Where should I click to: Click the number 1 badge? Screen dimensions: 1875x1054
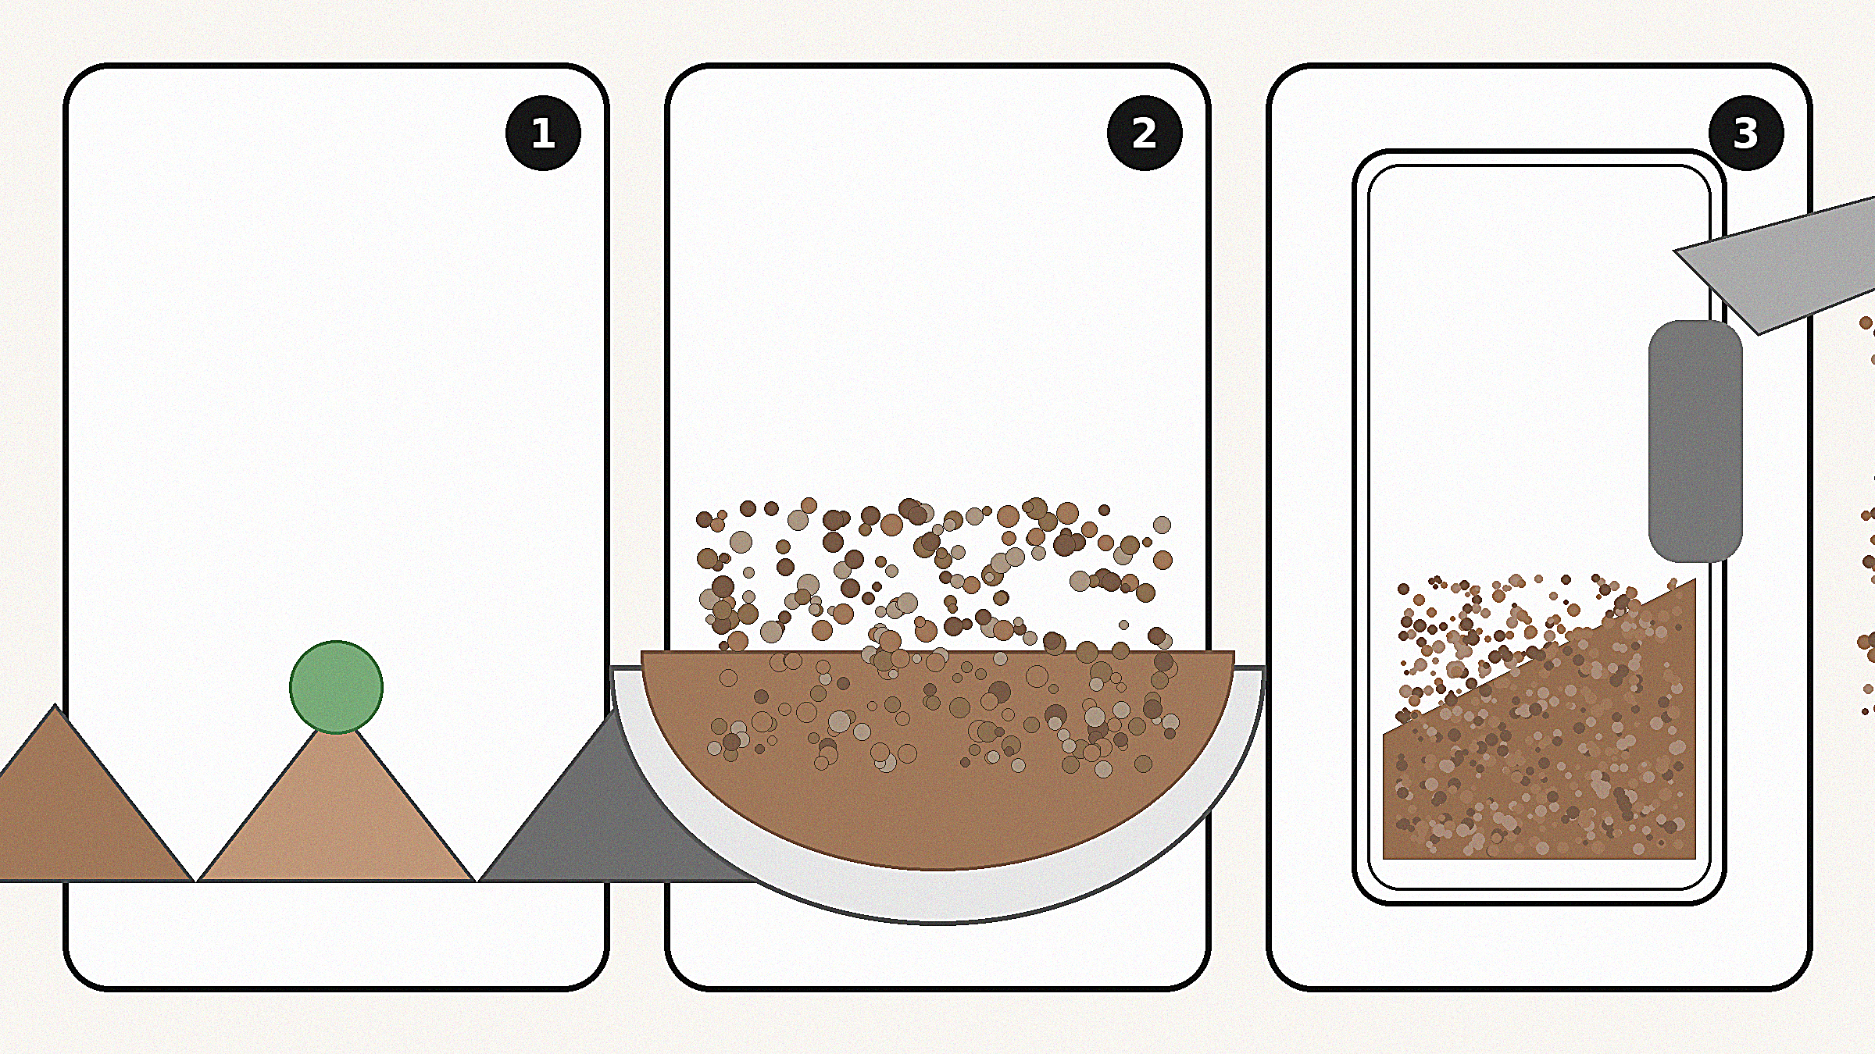click(543, 133)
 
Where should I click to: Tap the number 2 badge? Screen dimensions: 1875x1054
click(1145, 133)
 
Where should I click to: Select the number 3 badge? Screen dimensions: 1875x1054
click(1746, 133)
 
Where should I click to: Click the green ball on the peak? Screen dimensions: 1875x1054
click(336, 687)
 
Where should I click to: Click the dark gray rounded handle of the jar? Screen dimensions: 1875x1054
click(1695, 441)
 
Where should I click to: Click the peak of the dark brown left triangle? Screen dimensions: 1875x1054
click(55, 704)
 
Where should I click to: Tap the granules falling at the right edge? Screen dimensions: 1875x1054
click(1867, 515)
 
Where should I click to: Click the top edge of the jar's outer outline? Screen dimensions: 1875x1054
click(1539, 151)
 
